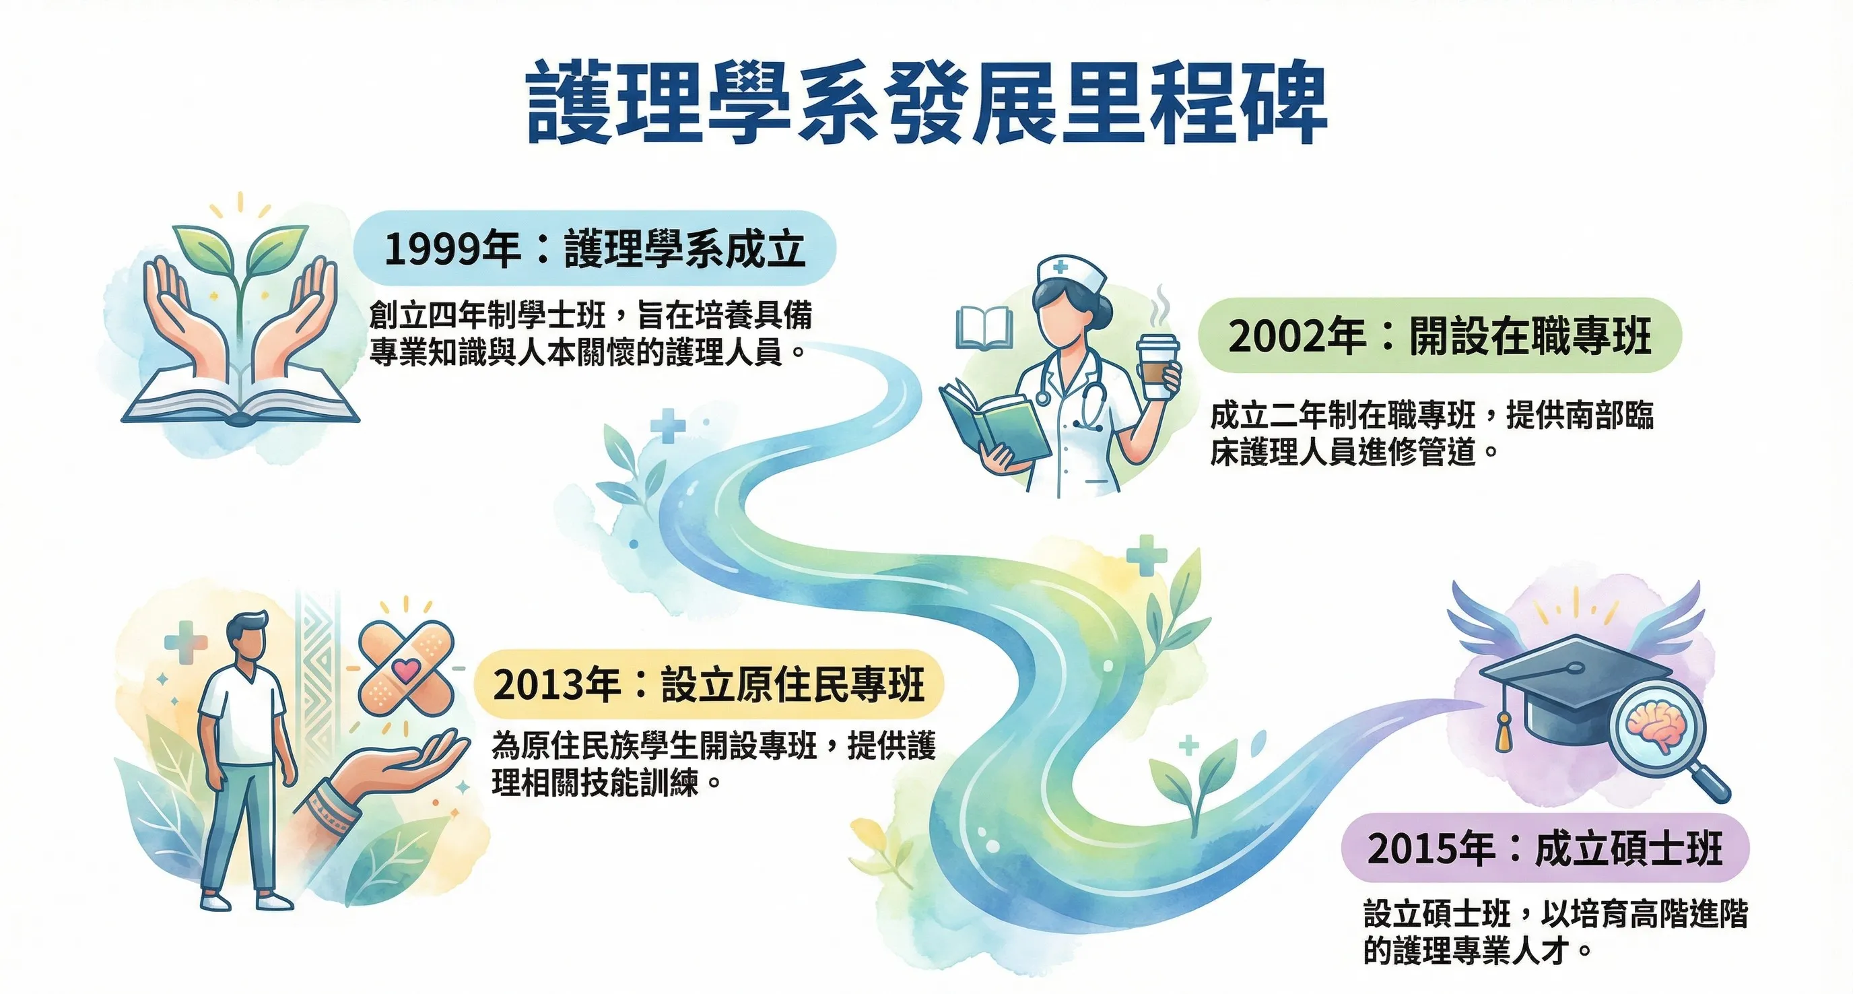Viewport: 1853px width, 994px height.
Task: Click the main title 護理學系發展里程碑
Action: (926, 102)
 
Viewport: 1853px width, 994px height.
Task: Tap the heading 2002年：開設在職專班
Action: (1440, 335)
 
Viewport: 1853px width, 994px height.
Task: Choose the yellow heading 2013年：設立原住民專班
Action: (708, 684)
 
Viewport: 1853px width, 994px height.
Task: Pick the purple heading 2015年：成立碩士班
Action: (1545, 849)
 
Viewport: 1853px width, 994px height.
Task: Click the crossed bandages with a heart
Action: (407, 666)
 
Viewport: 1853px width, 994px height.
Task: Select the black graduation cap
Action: (1576, 690)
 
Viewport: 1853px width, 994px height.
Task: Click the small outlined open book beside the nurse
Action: (984, 327)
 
